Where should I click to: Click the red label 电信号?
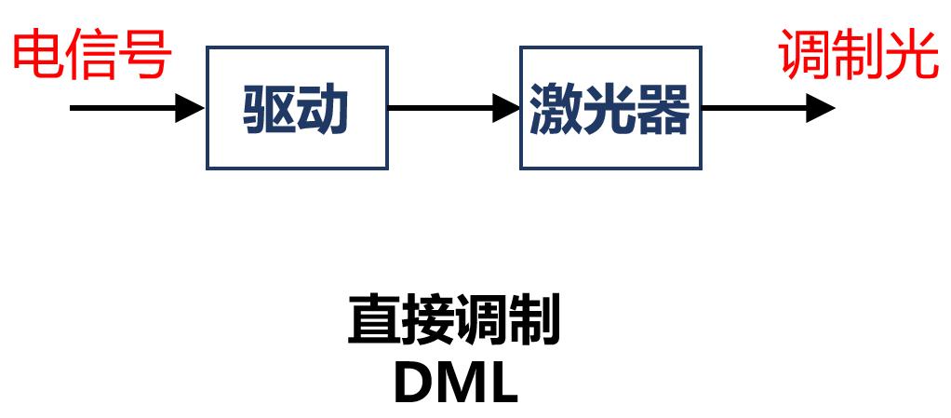(x=92, y=54)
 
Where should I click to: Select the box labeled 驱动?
(x=297, y=109)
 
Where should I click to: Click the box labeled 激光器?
(x=609, y=109)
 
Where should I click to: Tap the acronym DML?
(x=455, y=382)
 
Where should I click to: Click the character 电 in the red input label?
(x=38, y=54)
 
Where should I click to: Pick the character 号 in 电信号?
(x=146, y=54)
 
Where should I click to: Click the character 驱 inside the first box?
(x=270, y=110)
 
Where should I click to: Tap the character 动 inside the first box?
(x=324, y=110)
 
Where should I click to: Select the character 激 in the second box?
(x=556, y=110)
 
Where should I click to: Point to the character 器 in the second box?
(x=663, y=110)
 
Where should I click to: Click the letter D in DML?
(x=413, y=382)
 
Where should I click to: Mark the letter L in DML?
(x=502, y=382)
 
